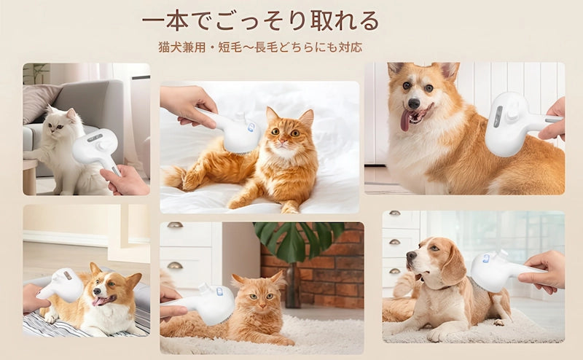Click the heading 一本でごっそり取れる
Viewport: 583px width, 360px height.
click(260, 20)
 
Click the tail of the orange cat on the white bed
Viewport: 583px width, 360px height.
click(175, 175)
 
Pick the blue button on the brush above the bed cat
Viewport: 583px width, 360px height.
click(251, 128)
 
